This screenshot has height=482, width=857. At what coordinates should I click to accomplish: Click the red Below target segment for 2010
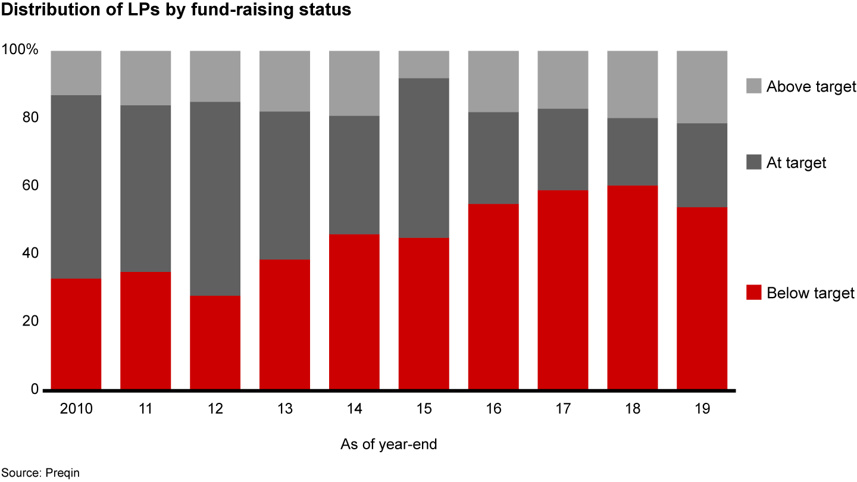pyautogui.click(x=76, y=334)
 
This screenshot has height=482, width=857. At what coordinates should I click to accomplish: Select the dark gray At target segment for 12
pyautogui.click(x=215, y=199)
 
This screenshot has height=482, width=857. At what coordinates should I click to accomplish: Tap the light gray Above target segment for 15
pyautogui.click(x=424, y=64)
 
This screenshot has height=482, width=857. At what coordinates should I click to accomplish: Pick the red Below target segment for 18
pyautogui.click(x=632, y=287)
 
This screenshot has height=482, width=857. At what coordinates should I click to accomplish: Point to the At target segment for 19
pyautogui.click(x=702, y=165)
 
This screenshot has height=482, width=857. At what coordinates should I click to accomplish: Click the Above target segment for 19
pyautogui.click(x=702, y=87)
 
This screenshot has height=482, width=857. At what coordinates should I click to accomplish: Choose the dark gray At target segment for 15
pyautogui.click(x=424, y=158)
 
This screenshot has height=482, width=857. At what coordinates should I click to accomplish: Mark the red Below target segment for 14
pyautogui.click(x=354, y=312)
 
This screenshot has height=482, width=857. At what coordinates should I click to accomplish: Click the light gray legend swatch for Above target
pyautogui.click(x=753, y=86)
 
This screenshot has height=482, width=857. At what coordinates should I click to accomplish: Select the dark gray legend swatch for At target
pyautogui.click(x=753, y=162)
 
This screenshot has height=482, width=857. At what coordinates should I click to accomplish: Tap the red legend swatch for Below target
pyautogui.click(x=753, y=293)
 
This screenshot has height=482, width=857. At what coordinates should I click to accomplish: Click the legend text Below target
pyautogui.click(x=810, y=293)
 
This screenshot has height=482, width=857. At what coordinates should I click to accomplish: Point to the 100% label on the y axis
pyautogui.click(x=20, y=50)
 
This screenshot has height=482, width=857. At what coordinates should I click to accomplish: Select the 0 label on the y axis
pyautogui.click(x=35, y=389)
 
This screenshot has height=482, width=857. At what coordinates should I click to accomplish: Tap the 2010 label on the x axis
pyautogui.click(x=76, y=409)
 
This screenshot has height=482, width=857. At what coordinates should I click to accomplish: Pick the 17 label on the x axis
pyautogui.click(x=562, y=409)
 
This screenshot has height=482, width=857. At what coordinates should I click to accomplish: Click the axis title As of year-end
pyautogui.click(x=389, y=445)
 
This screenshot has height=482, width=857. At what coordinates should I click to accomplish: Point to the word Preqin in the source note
pyautogui.click(x=62, y=473)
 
